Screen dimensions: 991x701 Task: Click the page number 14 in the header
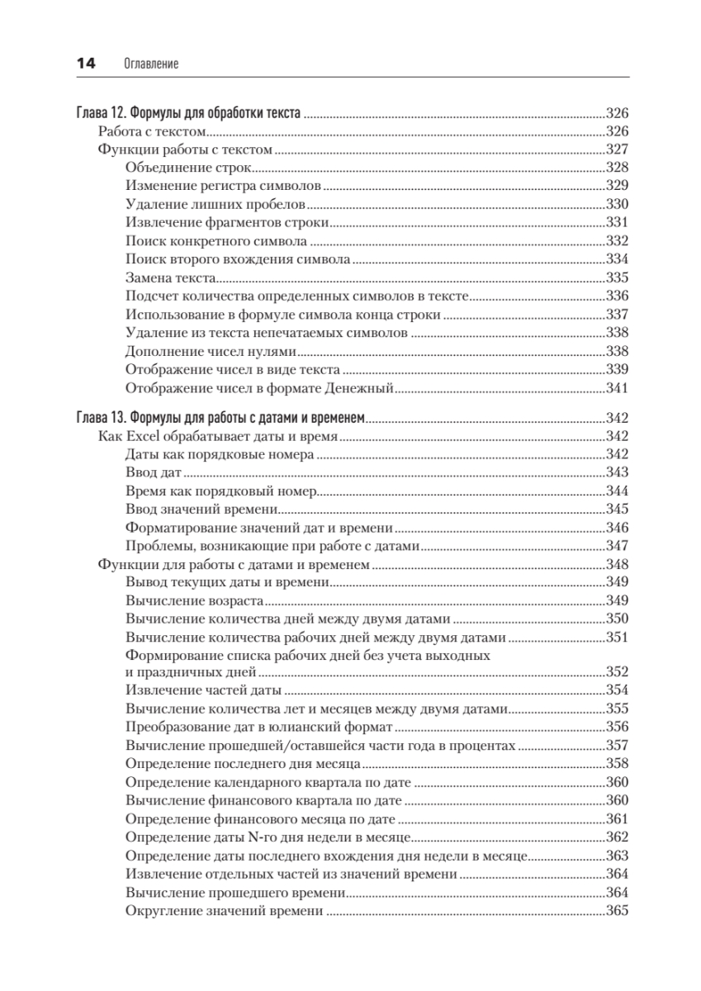86,63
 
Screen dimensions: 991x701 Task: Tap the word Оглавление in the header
150,64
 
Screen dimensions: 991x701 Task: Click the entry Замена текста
171,278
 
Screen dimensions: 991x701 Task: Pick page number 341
618,388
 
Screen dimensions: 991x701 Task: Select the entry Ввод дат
154,473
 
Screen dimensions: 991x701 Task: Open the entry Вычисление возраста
195,600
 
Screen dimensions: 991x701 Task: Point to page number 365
618,911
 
